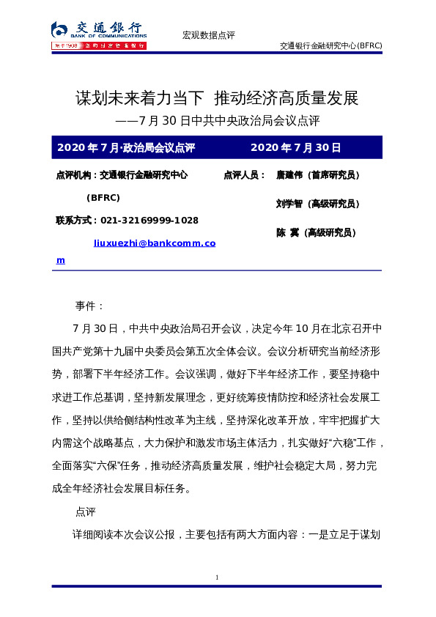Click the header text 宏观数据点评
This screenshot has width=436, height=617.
tap(208, 35)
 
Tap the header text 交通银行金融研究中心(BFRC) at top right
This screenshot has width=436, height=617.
tap(330, 45)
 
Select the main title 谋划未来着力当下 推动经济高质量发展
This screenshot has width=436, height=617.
tap(217, 97)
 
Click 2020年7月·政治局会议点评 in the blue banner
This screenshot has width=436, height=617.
tap(125, 147)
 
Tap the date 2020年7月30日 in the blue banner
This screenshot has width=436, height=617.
tap(296, 147)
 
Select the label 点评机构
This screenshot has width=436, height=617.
tap(75, 175)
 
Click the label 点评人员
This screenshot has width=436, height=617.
tap(243, 175)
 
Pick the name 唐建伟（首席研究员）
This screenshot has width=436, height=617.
tap(317, 175)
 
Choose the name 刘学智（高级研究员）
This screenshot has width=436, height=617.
tap(317, 204)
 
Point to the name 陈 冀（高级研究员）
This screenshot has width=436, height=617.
tap(316, 232)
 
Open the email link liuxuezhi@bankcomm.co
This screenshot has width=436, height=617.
tap(155, 242)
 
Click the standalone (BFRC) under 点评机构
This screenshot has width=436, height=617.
tap(103, 198)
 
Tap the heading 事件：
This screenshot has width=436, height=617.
tap(90, 306)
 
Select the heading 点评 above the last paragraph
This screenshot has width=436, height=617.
tap(85, 510)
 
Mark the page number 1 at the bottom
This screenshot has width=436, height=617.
tap(217, 578)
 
